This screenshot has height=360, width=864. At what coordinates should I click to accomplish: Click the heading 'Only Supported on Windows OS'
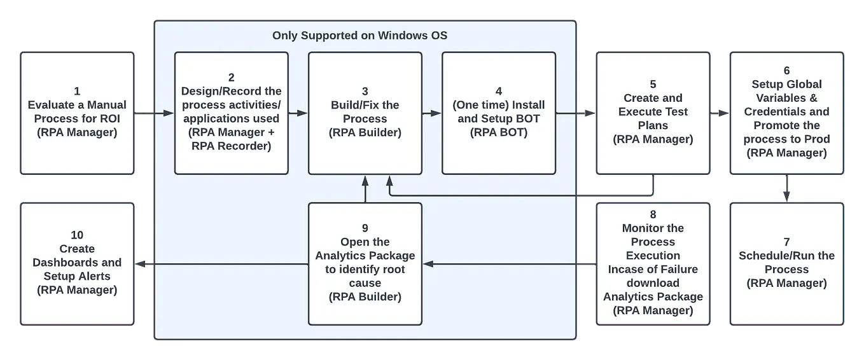(x=359, y=36)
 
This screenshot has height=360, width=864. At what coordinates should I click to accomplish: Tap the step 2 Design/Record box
(x=231, y=113)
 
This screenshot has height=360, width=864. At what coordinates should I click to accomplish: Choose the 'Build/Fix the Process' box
(x=365, y=113)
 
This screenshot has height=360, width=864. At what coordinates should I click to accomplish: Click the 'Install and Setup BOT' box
(x=498, y=113)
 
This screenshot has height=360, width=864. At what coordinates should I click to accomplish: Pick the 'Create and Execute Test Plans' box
(x=653, y=113)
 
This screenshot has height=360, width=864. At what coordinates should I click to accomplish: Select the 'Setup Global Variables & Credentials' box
(x=786, y=113)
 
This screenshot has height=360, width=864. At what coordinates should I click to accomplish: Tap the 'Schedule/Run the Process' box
(x=786, y=263)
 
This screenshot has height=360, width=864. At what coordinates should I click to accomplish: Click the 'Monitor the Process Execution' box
(x=653, y=263)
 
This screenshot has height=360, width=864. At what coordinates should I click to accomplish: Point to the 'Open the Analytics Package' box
(x=365, y=263)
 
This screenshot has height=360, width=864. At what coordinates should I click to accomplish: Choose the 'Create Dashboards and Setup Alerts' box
(x=77, y=263)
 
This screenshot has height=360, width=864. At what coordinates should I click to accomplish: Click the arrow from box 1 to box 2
(x=154, y=114)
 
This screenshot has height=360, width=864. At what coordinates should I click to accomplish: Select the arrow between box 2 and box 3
(x=298, y=114)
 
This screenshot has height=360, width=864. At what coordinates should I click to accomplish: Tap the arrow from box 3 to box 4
(x=431, y=114)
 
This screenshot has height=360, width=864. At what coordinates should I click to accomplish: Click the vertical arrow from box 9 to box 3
(x=365, y=189)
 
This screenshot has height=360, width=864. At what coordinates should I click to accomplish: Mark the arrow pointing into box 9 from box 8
(x=503, y=263)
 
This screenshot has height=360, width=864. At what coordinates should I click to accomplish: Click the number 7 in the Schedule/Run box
(x=786, y=242)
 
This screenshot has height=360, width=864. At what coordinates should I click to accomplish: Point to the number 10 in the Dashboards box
(x=77, y=235)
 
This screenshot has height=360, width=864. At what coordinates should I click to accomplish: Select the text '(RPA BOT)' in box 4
(x=498, y=132)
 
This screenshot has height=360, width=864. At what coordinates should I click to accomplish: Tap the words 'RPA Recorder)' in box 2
(x=231, y=146)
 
